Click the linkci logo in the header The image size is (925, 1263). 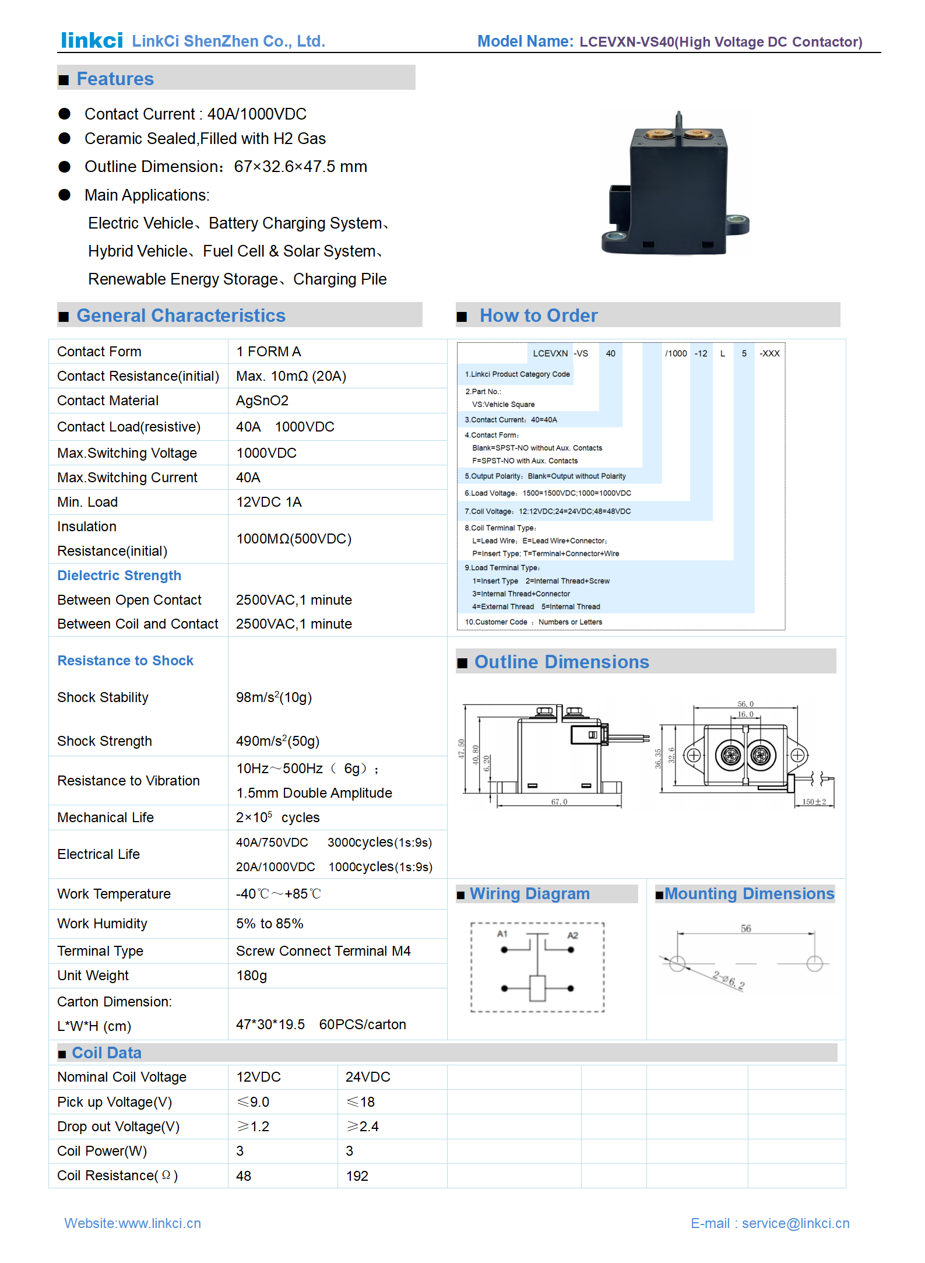point(92,40)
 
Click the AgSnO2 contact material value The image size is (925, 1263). point(262,401)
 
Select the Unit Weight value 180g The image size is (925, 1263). point(251,976)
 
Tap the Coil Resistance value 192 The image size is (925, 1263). point(357,1176)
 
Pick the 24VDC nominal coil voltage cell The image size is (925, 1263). point(368,1077)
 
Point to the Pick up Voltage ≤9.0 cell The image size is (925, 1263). point(253,1102)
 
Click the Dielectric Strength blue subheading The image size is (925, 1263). point(119,576)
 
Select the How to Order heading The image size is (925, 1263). point(538,315)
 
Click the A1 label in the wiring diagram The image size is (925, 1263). point(502,934)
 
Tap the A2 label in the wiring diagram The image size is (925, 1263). point(572,935)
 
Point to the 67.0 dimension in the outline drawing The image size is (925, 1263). point(559,802)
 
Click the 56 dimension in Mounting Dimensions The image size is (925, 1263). point(745,928)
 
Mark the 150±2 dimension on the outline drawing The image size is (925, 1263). point(814,802)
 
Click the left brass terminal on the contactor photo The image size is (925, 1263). point(658,135)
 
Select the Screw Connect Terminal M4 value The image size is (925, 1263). point(323,951)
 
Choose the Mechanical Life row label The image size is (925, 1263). point(105,818)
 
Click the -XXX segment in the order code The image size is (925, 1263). point(769,353)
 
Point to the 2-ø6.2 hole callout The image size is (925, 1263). point(728,981)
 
